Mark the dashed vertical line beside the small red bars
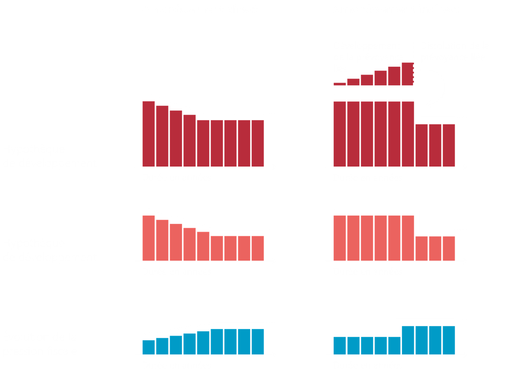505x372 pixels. point(413,63)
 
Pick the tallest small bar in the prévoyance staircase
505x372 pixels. point(408,74)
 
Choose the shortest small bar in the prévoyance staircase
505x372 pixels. point(339,84)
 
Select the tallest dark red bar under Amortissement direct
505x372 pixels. point(149,133)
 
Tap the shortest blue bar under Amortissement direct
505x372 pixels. point(149,347)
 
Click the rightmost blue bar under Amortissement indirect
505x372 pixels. point(449,340)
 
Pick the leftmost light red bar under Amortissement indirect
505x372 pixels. point(340,238)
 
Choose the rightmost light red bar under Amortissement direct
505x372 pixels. point(258,248)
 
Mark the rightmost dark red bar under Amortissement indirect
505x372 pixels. point(449,145)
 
